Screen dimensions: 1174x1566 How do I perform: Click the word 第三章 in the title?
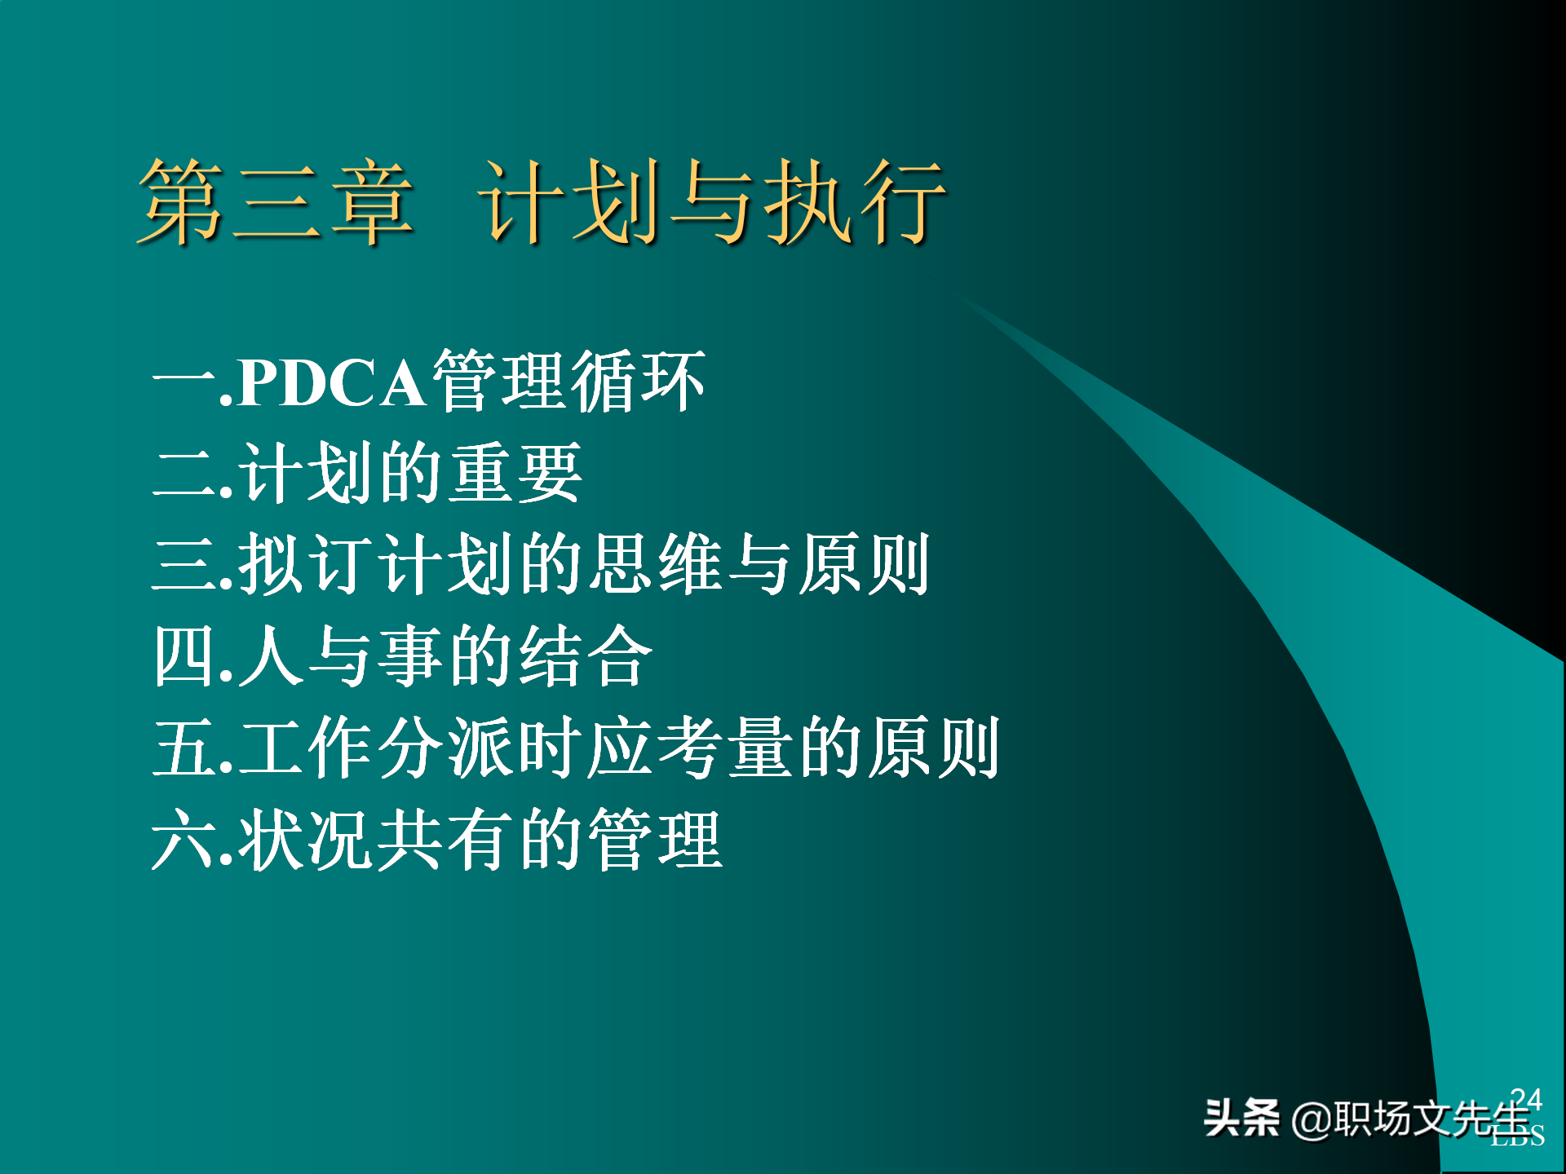[276, 201]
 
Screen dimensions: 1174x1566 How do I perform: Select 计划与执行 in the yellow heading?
[711, 201]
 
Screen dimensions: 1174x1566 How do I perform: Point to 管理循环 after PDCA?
[568, 381]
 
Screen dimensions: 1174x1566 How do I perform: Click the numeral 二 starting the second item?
[184, 473]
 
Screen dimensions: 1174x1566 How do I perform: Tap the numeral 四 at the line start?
[184, 656]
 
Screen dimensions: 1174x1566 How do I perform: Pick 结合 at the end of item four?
[585, 656]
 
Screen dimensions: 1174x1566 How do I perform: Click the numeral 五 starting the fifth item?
[184, 748]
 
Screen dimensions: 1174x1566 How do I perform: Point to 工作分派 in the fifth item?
[375, 748]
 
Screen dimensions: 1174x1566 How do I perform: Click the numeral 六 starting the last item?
[184, 840]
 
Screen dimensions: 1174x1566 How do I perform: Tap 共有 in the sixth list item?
[446, 840]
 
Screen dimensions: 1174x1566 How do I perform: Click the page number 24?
[1526, 1099]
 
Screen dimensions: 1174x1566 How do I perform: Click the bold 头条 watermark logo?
[1241, 1118]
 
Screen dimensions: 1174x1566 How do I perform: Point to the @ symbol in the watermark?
[1311, 1119]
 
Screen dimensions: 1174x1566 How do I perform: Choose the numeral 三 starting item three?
[184, 564]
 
